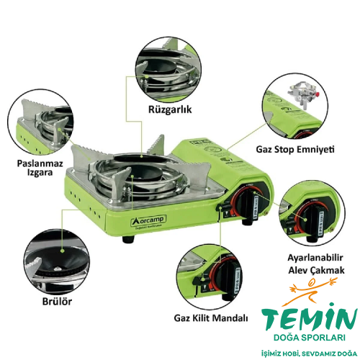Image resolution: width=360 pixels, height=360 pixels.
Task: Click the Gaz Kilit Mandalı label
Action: pyautogui.click(x=211, y=318)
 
